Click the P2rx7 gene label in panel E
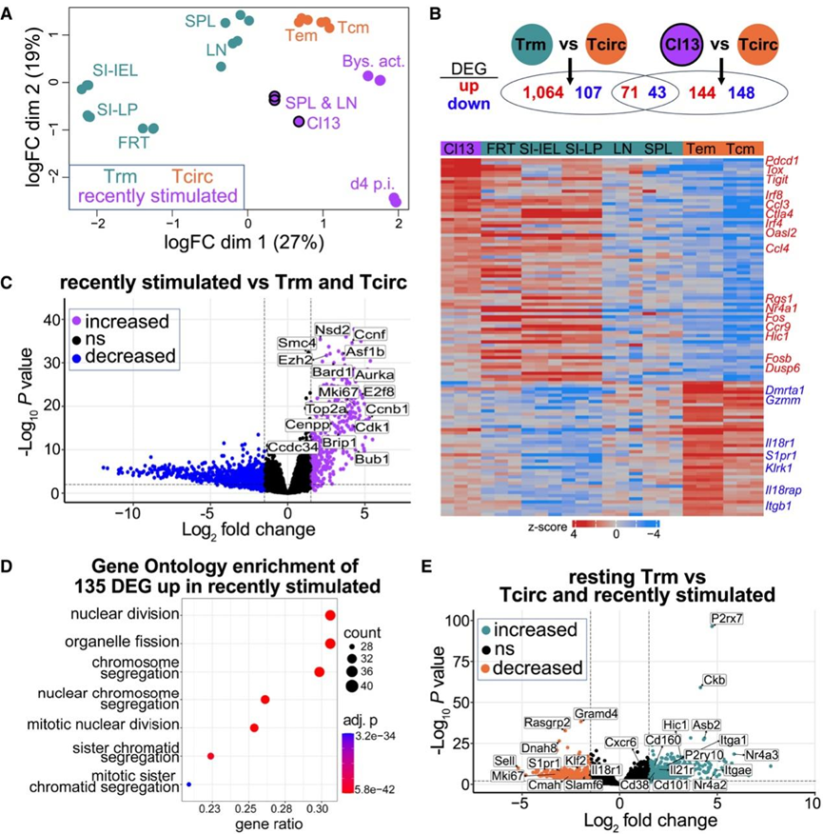(729, 620)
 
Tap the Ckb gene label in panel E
(714, 681)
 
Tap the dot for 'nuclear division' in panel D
(330, 617)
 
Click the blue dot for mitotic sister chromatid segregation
(189, 784)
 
